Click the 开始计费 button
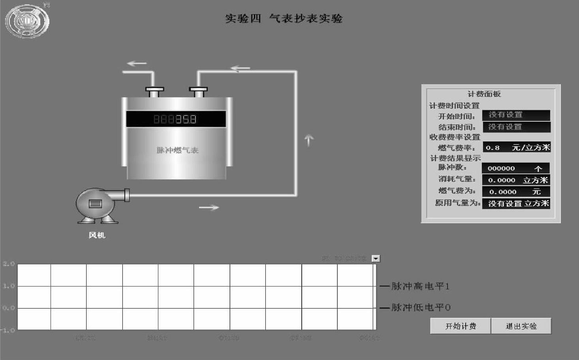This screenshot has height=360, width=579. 461,326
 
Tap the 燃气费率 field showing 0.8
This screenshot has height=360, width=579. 516,147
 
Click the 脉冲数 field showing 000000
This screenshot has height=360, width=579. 515,168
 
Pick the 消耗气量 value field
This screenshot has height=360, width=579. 516,180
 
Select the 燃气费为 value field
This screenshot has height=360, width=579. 516,192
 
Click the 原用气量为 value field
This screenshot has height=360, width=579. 516,204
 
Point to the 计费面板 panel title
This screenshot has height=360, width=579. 484,94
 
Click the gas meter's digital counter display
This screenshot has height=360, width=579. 176,119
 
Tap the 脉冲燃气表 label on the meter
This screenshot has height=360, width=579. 177,150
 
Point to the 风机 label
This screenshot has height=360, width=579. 97,235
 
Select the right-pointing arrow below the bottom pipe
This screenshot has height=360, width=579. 209,207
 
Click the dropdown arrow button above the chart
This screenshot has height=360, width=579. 376,258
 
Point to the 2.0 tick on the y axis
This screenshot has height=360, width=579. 9,264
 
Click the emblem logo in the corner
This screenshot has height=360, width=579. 27,21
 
